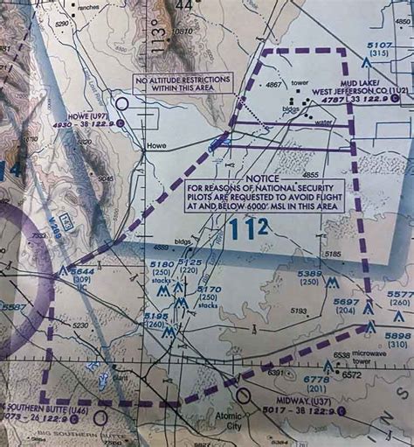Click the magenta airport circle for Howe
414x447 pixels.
(x=121, y=103)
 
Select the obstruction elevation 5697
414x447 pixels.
(x=346, y=303)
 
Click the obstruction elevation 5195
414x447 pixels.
(x=156, y=317)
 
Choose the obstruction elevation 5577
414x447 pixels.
(x=399, y=295)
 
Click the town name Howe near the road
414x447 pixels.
(x=156, y=146)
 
